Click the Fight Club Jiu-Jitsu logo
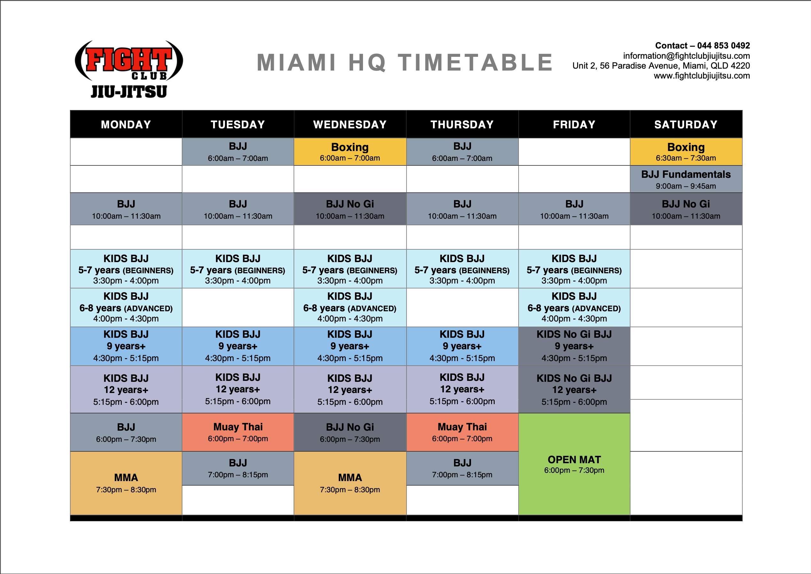pyautogui.click(x=129, y=69)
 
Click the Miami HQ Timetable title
pyautogui.click(x=405, y=63)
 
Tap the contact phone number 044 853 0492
pyautogui.click(x=723, y=46)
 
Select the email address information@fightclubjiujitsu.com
pyautogui.click(x=686, y=56)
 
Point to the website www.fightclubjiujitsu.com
pyautogui.click(x=702, y=76)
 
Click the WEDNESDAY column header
pyautogui.click(x=350, y=125)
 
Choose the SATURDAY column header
pyautogui.click(x=686, y=125)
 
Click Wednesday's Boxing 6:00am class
pyautogui.click(x=350, y=152)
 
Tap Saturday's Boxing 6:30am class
pyautogui.click(x=686, y=152)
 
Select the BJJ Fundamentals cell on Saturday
pyautogui.click(x=686, y=179)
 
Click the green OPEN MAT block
pyautogui.click(x=574, y=464)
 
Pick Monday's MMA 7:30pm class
pyautogui.click(x=126, y=483)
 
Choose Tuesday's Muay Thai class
pyautogui.click(x=238, y=432)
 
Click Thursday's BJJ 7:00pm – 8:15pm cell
pyautogui.click(x=462, y=468)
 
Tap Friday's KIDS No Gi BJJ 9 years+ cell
pyautogui.click(x=574, y=346)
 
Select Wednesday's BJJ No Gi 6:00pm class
pyautogui.click(x=350, y=432)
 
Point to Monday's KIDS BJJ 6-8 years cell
pyautogui.click(x=126, y=307)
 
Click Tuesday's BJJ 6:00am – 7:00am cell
pyautogui.click(x=238, y=152)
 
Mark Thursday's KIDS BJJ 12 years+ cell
pyautogui.click(x=462, y=389)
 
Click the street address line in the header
pyautogui.click(x=661, y=66)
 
